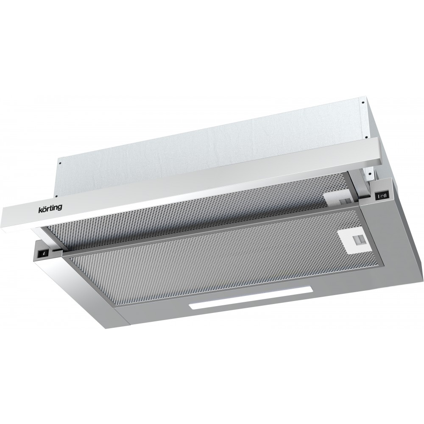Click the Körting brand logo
[x=49, y=208]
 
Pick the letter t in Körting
[x=50, y=208]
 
